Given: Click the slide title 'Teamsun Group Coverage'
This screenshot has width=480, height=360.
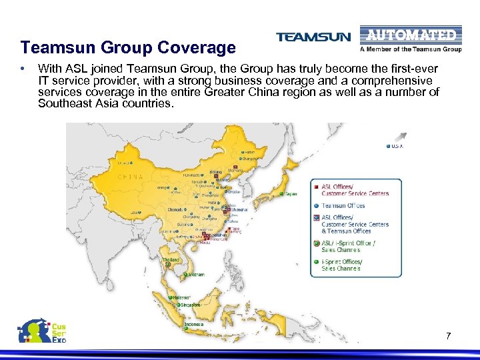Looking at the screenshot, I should (127, 48).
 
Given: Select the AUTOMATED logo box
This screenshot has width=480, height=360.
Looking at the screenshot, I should (410, 35).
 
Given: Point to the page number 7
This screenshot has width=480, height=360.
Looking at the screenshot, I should (449, 336).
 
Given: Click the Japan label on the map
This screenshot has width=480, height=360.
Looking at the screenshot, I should (291, 194).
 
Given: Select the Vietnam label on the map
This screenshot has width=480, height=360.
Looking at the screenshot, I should (197, 275).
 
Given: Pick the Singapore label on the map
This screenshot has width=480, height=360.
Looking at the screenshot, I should (192, 304).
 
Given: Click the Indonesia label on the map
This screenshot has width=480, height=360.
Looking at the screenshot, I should (193, 325).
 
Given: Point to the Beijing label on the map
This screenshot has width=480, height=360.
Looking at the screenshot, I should (216, 172).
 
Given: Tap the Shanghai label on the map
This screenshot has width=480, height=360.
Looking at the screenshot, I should (239, 209).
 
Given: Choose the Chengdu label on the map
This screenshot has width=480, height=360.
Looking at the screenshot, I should (176, 209).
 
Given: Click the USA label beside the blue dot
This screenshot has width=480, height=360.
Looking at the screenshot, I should (398, 146).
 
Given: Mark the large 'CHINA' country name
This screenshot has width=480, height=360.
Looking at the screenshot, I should (130, 177).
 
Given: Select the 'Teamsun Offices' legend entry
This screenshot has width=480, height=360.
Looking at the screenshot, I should (343, 206).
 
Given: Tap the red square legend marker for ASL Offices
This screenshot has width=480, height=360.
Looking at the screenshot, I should (316, 187).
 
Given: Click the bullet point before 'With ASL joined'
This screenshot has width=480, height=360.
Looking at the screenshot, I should (23, 68).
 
